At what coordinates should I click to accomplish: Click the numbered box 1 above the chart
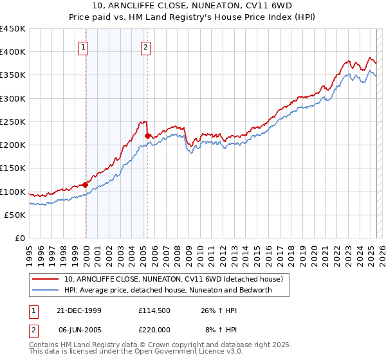pos(84,46)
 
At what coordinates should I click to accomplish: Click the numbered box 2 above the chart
pos(146,46)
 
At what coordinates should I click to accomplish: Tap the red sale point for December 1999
pos(86,184)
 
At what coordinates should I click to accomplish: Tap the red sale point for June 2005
pos(147,136)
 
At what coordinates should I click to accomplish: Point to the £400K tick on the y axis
pos(13,52)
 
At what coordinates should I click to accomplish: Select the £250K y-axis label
pos(13,122)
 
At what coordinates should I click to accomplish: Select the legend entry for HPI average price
pos(168,290)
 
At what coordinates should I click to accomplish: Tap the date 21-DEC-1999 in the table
pos(80,310)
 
